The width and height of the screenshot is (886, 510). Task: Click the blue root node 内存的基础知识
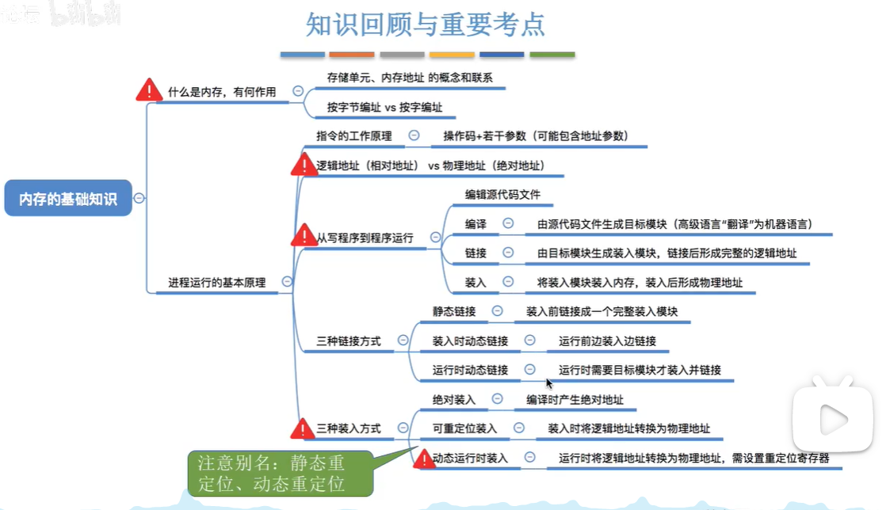(x=68, y=199)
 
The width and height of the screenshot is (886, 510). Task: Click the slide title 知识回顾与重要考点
(x=426, y=25)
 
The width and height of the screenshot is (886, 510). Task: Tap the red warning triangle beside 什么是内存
(x=149, y=90)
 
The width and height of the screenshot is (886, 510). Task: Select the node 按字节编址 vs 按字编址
(x=384, y=107)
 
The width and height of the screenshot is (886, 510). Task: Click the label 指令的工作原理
(x=353, y=135)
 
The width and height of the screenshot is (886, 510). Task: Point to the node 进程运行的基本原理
(x=216, y=282)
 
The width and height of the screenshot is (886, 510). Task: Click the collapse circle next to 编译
(x=508, y=224)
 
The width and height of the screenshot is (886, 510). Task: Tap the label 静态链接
(x=453, y=311)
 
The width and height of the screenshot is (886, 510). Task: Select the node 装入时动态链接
(x=470, y=341)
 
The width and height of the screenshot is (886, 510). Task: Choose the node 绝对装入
(x=453, y=399)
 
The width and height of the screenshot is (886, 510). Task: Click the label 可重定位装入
(x=464, y=428)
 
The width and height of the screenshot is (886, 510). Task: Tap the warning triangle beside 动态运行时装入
(x=421, y=459)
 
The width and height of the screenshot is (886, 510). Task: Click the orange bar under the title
(x=352, y=55)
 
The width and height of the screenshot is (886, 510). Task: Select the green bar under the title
(x=552, y=55)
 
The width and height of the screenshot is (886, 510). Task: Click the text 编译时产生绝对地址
(x=575, y=399)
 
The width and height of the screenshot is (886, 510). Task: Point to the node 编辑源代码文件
(x=502, y=194)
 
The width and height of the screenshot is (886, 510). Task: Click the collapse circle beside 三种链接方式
(x=403, y=341)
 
